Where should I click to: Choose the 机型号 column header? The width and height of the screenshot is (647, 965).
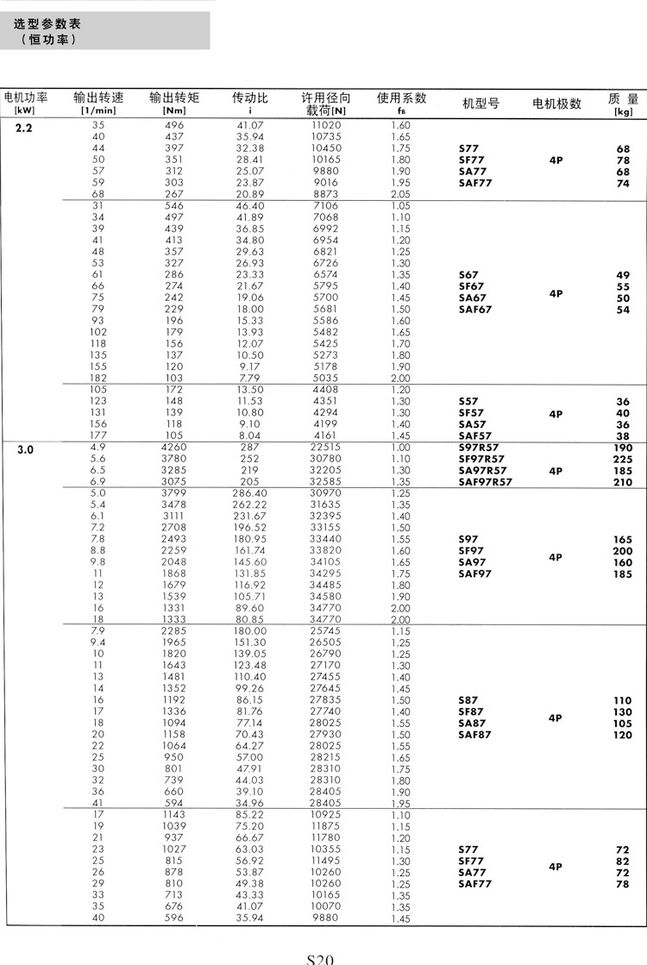[481, 103]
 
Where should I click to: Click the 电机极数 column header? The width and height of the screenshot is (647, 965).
[556, 103]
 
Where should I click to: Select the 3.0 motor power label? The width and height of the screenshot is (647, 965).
[24, 449]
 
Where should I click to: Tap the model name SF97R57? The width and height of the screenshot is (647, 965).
[481, 459]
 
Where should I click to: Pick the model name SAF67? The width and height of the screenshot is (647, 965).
[475, 310]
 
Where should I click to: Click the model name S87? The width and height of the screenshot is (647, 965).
[468, 700]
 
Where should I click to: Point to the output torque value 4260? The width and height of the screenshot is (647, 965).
[174, 447]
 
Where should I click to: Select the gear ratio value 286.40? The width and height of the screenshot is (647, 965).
[250, 492]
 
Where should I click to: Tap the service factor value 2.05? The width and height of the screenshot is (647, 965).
[401, 194]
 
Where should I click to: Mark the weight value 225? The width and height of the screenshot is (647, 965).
[622, 459]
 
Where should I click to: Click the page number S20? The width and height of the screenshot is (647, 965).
[320, 958]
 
